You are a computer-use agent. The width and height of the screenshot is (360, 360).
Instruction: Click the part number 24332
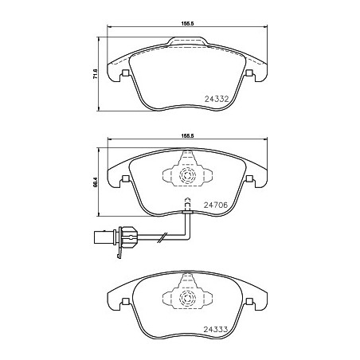coord(217,100)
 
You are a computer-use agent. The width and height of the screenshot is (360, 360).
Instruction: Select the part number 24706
coord(216,205)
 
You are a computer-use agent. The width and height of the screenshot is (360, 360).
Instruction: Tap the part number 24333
coord(216,330)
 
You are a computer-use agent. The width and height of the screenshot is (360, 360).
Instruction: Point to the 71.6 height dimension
coord(96,73)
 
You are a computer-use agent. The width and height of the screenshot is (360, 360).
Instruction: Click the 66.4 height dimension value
coord(96,182)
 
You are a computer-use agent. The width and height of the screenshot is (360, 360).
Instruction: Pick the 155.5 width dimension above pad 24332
coord(188,23)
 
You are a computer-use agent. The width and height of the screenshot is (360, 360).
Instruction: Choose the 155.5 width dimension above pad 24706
coord(188,135)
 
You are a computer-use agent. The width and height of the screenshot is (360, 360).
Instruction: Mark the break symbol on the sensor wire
coord(162,237)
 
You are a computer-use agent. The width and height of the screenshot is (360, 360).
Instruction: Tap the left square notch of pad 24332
coord(125,72)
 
